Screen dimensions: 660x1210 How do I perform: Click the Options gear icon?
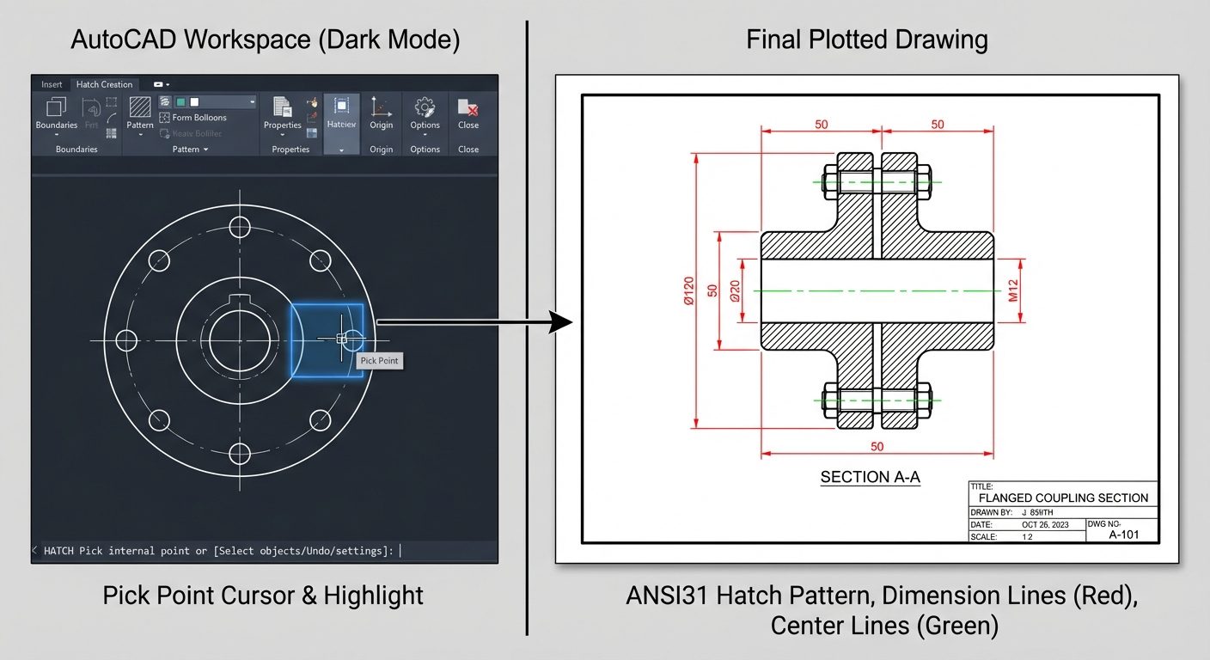pos(425,108)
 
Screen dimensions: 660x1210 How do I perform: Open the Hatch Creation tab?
pos(104,84)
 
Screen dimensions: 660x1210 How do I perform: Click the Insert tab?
pos(52,84)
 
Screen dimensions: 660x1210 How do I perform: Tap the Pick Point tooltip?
pos(379,361)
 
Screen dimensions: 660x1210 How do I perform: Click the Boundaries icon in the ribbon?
pos(57,109)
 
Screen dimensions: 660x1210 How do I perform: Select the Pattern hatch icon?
pos(140,108)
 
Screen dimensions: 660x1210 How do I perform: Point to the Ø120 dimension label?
pos(687,290)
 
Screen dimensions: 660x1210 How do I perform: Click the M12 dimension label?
pos(1012,291)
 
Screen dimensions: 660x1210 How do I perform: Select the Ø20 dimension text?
pos(735,291)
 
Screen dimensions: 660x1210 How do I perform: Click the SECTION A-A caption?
pos(870,477)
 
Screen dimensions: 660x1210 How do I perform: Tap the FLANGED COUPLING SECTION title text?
pos(1062,498)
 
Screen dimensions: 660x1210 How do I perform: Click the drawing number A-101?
pos(1123,535)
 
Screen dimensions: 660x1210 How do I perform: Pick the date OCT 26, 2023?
pos(1045,524)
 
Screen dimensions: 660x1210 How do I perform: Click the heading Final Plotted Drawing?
pos(866,40)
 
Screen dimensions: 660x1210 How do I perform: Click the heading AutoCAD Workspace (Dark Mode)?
pos(265,40)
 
